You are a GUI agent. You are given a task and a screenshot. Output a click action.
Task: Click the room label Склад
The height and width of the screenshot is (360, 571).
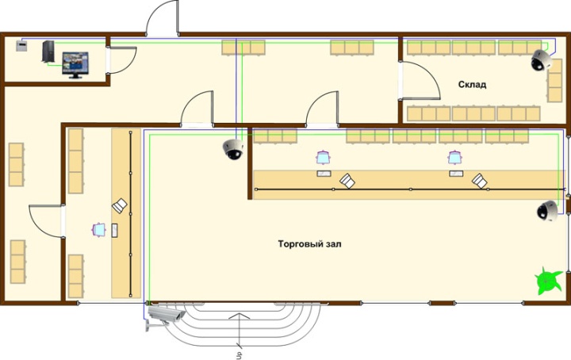tap(472, 85)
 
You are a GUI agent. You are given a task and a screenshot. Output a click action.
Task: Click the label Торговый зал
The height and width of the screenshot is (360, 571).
tap(309, 244)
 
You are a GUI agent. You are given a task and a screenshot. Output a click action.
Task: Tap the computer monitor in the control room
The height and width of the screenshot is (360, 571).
tap(75, 65)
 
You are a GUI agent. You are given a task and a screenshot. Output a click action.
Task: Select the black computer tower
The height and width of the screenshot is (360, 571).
tap(48, 52)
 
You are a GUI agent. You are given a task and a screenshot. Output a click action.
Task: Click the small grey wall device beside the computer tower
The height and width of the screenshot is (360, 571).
tap(21, 46)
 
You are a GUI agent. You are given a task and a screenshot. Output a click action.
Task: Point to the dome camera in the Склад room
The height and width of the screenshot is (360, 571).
tap(540, 59)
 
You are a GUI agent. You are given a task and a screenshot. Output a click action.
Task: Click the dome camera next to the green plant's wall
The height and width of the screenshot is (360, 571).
tap(547, 211)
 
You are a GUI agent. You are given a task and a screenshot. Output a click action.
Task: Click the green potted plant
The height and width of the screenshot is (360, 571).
tap(548, 280)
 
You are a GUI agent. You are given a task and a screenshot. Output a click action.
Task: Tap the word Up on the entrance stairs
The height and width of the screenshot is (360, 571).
tap(240, 354)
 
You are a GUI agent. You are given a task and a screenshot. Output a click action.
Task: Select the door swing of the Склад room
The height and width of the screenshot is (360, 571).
tap(420, 81)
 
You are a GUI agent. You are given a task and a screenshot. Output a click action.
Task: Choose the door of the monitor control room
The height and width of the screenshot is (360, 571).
tap(121, 60)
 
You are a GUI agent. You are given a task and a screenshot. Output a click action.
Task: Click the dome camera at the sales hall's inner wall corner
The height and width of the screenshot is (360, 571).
tap(233, 150)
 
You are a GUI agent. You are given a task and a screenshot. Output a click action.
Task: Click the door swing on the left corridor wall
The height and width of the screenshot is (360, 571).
tap(45, 221)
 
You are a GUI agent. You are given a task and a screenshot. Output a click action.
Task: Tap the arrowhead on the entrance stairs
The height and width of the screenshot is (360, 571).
tap(240, 316)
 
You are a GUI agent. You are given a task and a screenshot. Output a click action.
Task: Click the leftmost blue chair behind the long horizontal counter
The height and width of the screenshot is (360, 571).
tap(323, 158)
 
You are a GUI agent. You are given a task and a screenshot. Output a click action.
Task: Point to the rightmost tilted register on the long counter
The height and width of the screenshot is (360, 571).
tap(480, 181)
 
